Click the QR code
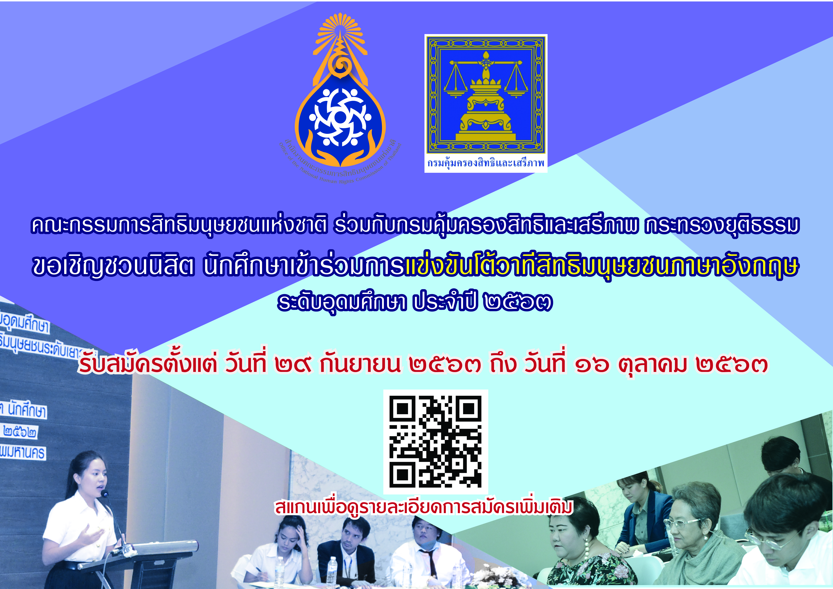coord(435,441)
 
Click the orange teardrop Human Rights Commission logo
coord(340,98)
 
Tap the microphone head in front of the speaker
coord(105,494)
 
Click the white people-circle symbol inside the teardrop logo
coord(340,117)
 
